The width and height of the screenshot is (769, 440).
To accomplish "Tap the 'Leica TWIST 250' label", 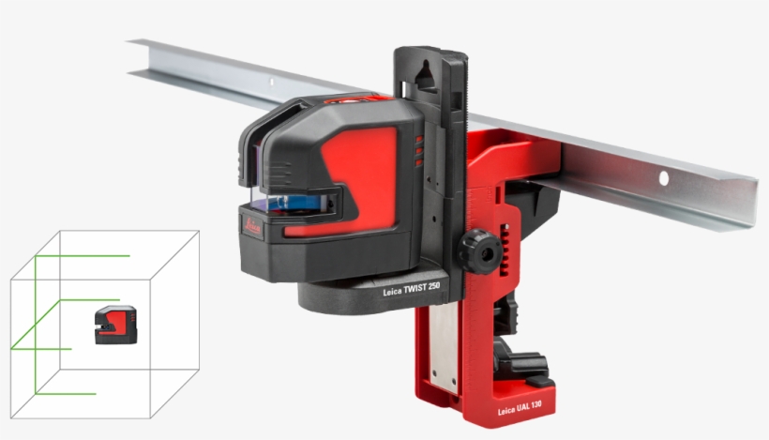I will (x=411, y=292).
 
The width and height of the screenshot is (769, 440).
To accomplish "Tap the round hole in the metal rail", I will (x=663, y=176).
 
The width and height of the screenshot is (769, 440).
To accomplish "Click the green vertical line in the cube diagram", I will (x=36, y=319).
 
